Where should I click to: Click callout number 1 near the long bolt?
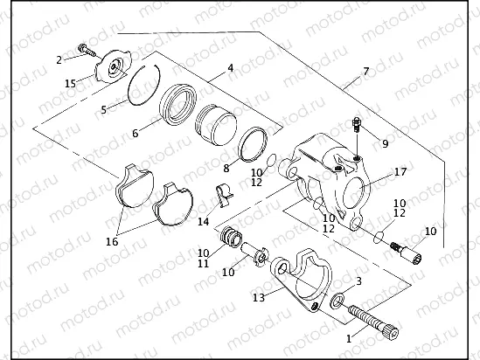(351, 337)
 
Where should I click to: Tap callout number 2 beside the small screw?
(59, 60)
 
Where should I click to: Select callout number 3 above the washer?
(358, 281)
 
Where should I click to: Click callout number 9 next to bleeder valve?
(385, 141)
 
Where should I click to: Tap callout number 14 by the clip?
(203, 222)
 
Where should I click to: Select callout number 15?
(71, 83)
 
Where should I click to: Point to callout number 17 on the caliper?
(400, 172)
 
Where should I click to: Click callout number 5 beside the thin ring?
(103, 110)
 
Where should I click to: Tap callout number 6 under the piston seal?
(136, 133)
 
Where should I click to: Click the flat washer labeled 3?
(338, 301)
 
